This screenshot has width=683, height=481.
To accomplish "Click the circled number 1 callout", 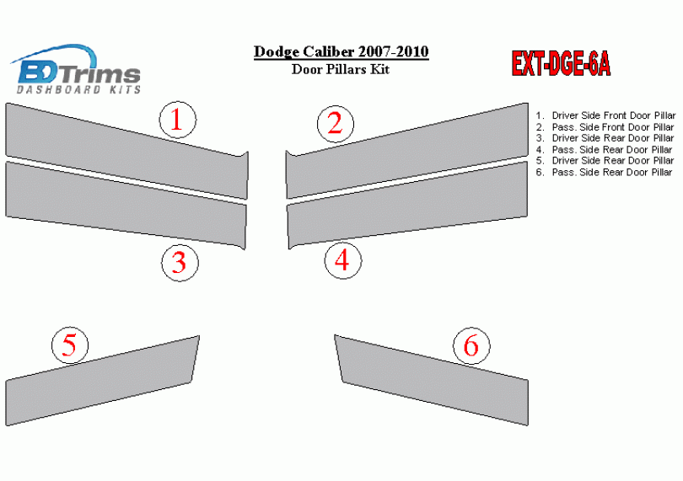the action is [x=178, y=120].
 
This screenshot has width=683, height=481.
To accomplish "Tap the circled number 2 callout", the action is [x=336, y=124].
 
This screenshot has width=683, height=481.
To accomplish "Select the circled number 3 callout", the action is [x=180, y=263].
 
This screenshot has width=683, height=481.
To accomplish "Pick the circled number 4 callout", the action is [x=343, y=260].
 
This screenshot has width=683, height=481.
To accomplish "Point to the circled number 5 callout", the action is [x=70, y=345].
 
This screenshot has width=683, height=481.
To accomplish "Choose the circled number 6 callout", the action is [x=471, y=345].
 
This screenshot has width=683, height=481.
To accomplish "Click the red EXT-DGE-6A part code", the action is [x=561, y=64].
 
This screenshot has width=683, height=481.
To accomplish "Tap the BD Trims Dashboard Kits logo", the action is [x=75, y=69].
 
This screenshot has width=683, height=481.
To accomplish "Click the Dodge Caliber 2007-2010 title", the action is [x=341, y=51].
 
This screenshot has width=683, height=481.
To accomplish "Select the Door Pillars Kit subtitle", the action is [x=341, y=69].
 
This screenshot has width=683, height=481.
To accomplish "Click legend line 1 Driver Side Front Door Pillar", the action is [x=605, y=115].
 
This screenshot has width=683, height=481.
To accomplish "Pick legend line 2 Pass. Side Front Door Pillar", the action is [x=605, y=127].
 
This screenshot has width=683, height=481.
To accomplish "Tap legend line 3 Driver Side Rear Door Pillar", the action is [x=605, y=138].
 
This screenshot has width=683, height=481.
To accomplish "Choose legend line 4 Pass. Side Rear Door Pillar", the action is [x=604, y=150].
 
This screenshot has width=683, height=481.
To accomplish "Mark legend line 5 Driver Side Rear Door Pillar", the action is [x=605, y=161].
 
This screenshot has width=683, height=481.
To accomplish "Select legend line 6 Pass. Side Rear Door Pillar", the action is [x=604, y=173].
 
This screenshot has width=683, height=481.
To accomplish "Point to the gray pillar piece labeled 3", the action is [x=126, y=206].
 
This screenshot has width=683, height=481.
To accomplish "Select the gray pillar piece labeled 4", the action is [x=407, y=206].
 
